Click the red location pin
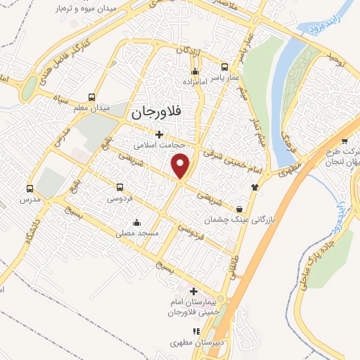(181, 166)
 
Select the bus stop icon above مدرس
(30, 188)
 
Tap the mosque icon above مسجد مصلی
(146, 222)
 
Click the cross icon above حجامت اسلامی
(159, 134)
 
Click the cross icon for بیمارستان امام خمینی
(193, 291)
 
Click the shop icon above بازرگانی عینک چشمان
(241, 209)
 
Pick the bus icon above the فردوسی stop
(120, 188)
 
